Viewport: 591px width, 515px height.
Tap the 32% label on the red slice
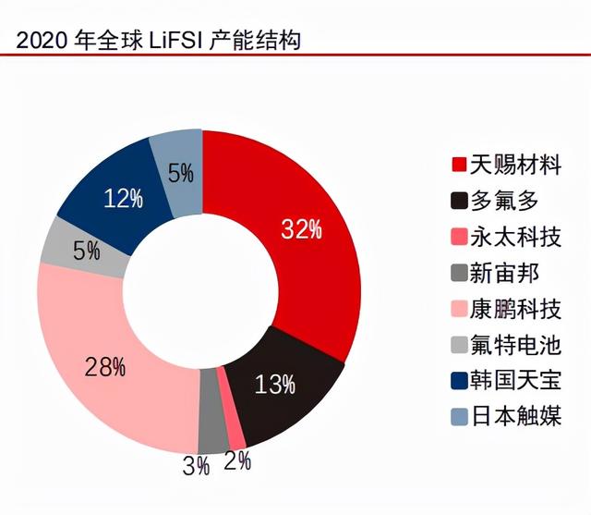(302, 230)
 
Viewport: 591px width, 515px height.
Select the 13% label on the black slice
(275, 383)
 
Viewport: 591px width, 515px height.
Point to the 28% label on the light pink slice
(104, 367)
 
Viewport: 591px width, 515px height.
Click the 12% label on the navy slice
(123, 197)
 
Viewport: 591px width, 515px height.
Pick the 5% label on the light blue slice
(181, 174)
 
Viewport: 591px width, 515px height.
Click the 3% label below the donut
(195, 465)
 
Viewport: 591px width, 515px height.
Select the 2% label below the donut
(238, 460)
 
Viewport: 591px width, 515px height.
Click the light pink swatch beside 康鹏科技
(457, 308)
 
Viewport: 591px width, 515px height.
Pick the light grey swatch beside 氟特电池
(457, 343)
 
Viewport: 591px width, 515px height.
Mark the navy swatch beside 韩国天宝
(457, 379)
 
